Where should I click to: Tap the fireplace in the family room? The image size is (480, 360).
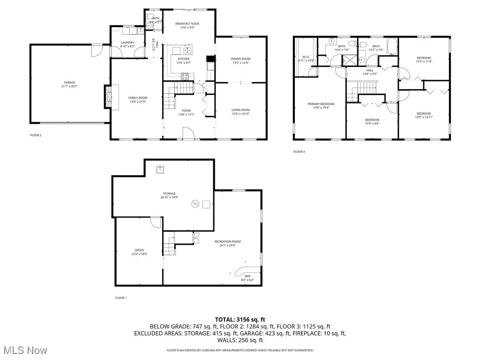(x=108, y=97)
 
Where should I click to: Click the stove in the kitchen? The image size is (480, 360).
(x=185, y=76)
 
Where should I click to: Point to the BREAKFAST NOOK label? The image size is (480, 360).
(x=187, y=23)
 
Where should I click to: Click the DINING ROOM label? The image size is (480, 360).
(x=240, y=59)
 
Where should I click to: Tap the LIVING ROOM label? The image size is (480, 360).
(x=240, y=110)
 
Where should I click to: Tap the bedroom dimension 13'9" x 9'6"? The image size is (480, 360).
(x=372, y=124)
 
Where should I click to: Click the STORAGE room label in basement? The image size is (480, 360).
(x=169, y=194)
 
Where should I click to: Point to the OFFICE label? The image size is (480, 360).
(x=139, y=250)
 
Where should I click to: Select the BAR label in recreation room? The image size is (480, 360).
(x=247, y=276)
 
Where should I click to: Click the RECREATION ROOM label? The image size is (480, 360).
(x=227, y=242)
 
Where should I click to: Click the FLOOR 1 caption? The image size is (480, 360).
(x=121, y=298)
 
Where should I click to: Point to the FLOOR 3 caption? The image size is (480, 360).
(x=299, y=152)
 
